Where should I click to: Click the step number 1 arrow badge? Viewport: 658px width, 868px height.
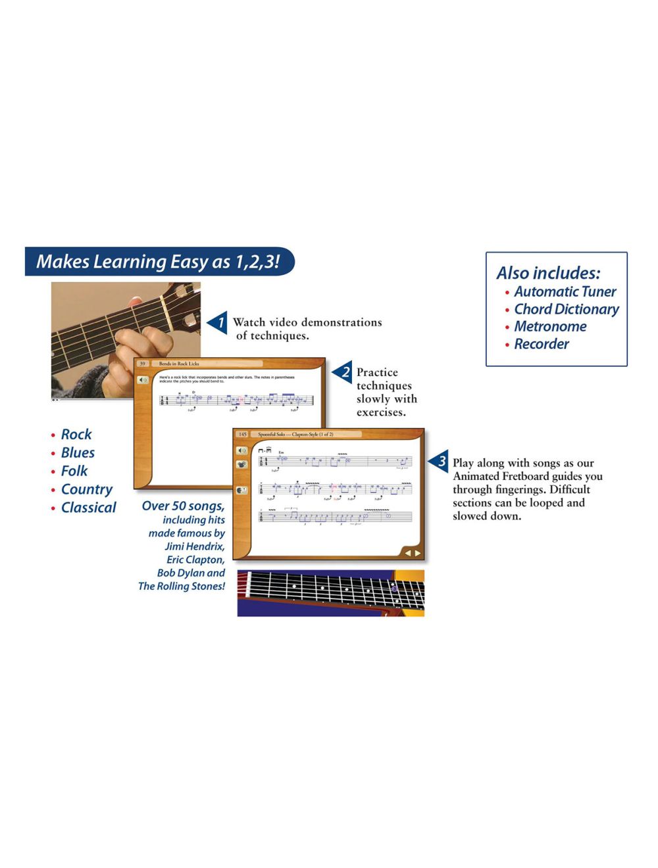tap(218, 323)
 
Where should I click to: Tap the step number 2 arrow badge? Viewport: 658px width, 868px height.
tap(343, 373)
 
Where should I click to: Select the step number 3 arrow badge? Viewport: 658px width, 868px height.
tap(440, 462)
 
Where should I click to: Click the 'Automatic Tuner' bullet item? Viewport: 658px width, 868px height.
tap(565, 291)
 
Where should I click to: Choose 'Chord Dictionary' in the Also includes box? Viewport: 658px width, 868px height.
tap(566, 309)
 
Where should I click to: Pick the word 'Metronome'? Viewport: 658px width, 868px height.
tap(550, 326)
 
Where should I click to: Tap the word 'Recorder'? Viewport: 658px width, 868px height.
tap(541, 344)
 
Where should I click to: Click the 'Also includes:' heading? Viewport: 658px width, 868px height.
tap(548, 273)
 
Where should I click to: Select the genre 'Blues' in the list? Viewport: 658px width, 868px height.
tap(78, 453)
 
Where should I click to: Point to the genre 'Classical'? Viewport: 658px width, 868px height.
tap(88, 508)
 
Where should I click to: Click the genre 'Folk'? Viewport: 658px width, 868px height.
tap(74, 471)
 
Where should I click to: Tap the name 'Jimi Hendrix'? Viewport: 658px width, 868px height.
tap(194, 546)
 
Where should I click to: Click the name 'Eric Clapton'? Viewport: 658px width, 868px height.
tap(195, 560)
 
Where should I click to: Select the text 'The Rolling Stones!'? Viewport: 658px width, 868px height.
tap(182, 587)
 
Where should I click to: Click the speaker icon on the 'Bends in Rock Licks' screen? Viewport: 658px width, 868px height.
tap(143, 380)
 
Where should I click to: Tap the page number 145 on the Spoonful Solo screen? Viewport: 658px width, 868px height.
tap(242, 435)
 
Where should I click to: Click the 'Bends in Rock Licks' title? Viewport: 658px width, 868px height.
tap(179, 364)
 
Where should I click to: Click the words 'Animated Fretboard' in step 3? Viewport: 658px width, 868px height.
tap(499, 476)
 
